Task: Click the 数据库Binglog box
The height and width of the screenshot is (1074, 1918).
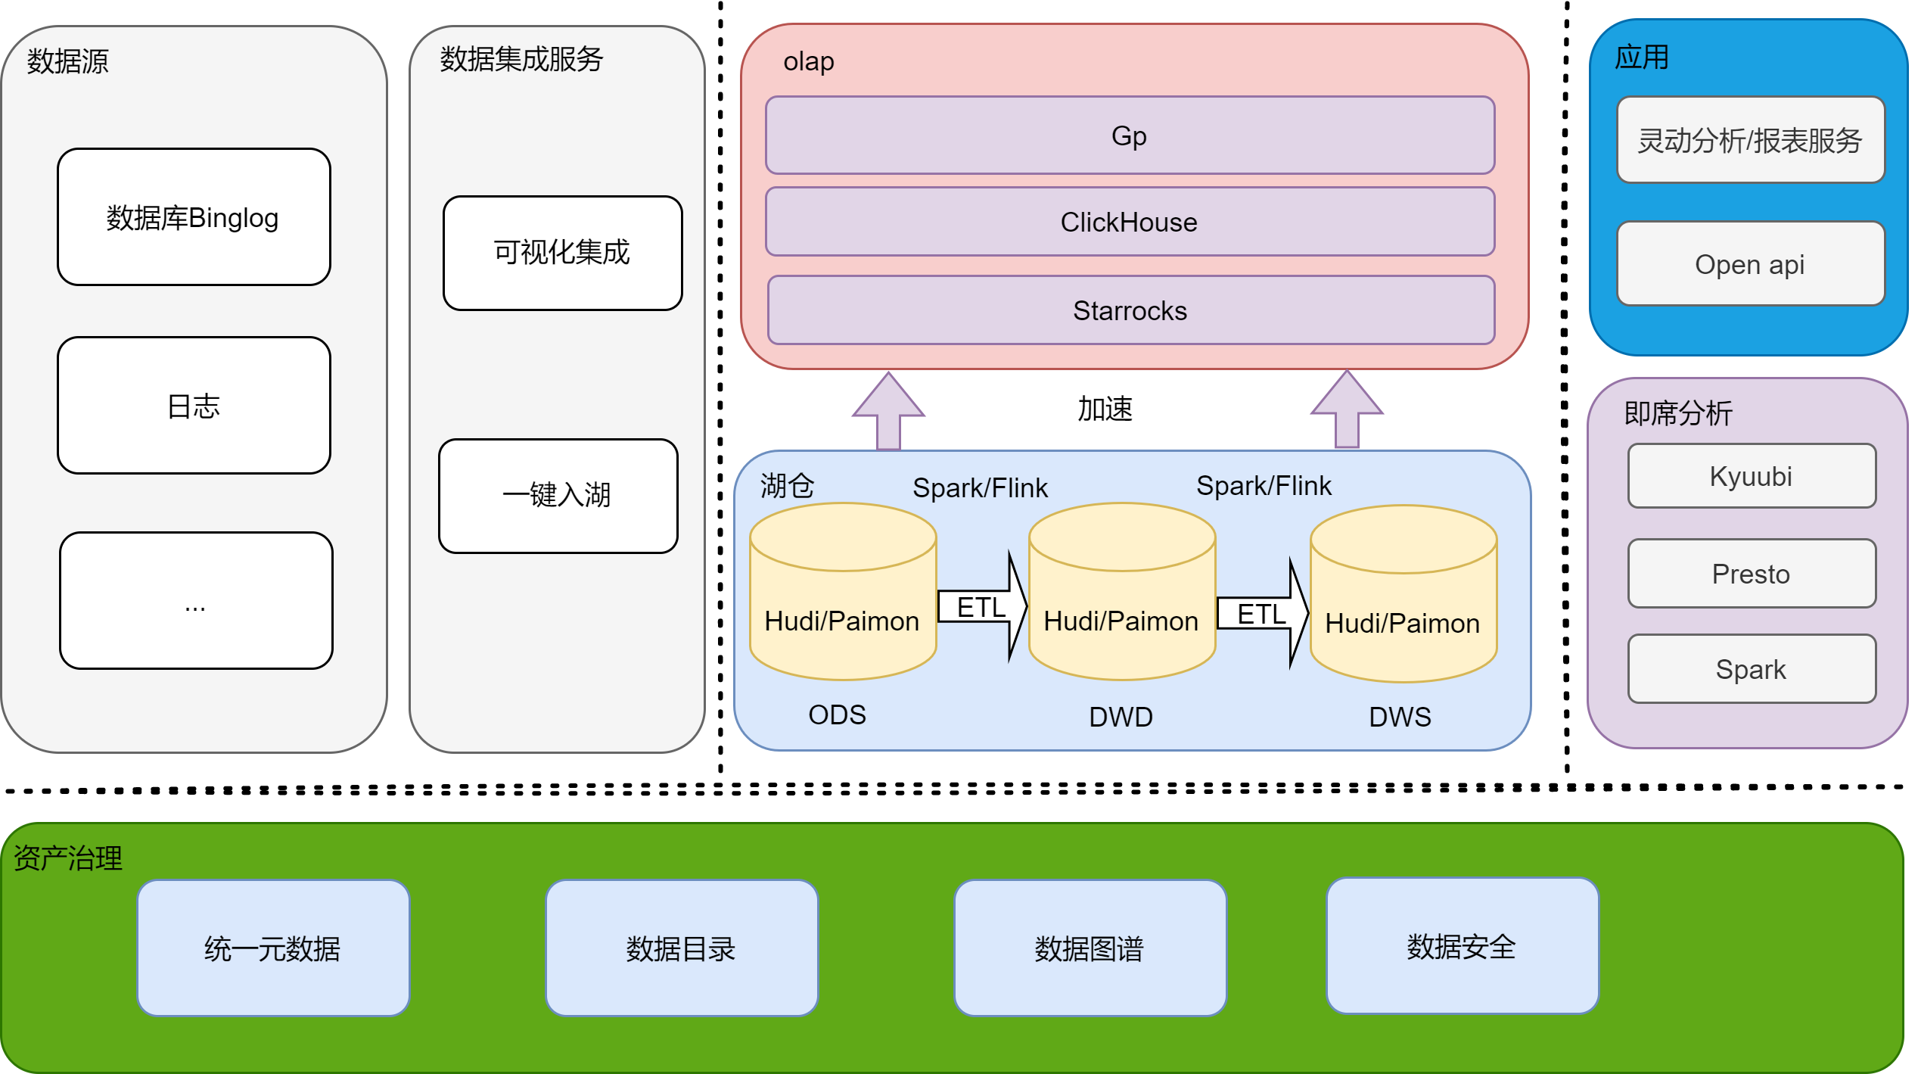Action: [194, 217]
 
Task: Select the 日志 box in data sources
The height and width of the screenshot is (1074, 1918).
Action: [194, 406]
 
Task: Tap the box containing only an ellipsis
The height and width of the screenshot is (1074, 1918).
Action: [196, 601]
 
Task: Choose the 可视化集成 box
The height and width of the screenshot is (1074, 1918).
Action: [562, 253]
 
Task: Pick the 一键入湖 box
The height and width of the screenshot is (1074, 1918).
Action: [558, 496]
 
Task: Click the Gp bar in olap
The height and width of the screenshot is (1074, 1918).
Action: [1130, 135]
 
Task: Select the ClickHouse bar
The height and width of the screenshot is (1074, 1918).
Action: [1130, 222]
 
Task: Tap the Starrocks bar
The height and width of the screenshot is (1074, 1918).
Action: [1130, 310]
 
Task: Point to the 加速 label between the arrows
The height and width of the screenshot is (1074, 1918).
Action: [1105, 409]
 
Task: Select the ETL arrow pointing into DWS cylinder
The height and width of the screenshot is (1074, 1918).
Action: [1262, 614]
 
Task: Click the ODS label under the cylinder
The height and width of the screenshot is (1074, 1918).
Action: [837, 714]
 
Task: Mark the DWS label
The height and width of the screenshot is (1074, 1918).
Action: [1400, 717]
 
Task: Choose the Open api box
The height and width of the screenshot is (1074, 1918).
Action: [1750, 264]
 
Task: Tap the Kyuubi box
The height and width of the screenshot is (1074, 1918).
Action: [1751, 476]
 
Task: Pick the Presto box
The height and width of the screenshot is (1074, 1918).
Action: [1751, 574]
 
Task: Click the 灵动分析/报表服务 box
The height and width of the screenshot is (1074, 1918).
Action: [1750, 141]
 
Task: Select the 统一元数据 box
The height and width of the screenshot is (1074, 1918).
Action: [273, 948]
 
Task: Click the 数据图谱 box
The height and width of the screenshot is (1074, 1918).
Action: [1090, 948]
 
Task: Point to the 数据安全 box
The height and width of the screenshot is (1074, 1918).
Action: [1462, 946]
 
